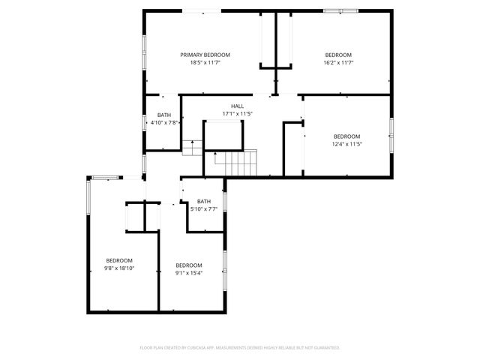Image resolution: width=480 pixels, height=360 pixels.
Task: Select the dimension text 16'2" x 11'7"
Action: tap(338, 63)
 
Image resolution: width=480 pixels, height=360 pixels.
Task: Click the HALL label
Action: tap(237, 106)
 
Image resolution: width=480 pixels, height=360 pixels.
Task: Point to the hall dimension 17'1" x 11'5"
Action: tap(237, 114)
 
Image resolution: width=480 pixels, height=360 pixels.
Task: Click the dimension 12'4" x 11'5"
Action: tap(347, 144)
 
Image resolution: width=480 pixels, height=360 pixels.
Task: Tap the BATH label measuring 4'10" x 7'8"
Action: tap(164, 115)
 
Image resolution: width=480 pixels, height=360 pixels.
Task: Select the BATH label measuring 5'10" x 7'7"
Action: tap(204, 201)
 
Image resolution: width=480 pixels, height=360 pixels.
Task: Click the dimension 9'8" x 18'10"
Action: tap(118, 268)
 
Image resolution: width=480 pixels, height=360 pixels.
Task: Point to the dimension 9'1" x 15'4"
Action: tap(189, 273)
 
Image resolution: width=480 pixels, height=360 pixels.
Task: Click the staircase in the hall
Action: tap(235, 161)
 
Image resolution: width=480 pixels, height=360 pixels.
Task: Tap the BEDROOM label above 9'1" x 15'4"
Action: tap(189, 265)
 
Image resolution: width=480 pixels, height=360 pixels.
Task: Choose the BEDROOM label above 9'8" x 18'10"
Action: tap(118, 260)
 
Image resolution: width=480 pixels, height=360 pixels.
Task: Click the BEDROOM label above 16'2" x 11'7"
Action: tap(338, 55)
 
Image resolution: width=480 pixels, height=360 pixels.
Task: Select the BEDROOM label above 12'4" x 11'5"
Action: tap(347, 136)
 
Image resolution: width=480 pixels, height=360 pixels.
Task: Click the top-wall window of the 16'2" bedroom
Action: tap(340, 10)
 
